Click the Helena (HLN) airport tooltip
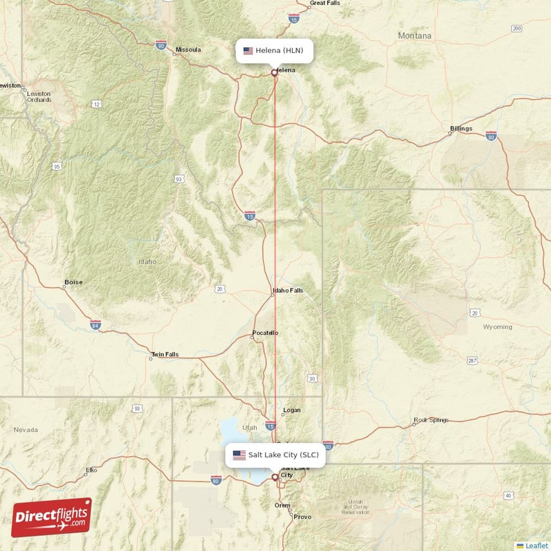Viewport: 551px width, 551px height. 275,50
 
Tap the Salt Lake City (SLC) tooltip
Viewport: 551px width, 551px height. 275,455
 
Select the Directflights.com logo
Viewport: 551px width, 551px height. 52,517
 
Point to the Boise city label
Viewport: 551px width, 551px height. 73,282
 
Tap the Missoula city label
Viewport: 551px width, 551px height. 188,50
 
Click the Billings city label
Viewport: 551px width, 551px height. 461,129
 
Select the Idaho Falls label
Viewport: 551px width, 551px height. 288,291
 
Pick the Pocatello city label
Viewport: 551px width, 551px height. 265,333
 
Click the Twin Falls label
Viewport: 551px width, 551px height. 165,355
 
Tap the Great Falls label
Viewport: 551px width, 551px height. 325,3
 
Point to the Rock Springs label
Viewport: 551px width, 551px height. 431,420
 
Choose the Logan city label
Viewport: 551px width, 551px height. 292,410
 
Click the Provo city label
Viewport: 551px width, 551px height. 302,517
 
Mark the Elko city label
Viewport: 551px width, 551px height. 91,470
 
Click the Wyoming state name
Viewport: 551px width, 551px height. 497,327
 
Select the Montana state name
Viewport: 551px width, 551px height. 415,36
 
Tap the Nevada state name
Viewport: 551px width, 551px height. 25,430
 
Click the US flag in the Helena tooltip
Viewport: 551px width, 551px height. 248,50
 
